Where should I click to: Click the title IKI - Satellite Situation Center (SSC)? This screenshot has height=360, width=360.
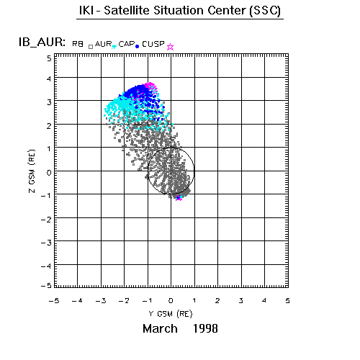click(x=180, y=11)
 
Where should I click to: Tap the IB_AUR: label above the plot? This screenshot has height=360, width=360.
click(x=42, y=42)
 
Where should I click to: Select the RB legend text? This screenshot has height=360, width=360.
click(x=78, y=44)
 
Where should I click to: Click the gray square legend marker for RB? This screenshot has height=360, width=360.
click(x=91, y=47)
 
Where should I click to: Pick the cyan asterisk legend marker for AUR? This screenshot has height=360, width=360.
click(x=114, y=46)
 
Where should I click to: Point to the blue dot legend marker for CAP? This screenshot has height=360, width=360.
click(x=138, y=46)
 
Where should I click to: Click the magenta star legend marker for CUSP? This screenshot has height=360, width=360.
click(x=170, y=47)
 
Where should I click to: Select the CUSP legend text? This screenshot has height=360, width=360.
click(x=153, y=44)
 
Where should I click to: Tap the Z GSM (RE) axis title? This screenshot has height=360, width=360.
click(x=32, y=171)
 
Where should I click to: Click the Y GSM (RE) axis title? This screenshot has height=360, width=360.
click(x=171, y=314)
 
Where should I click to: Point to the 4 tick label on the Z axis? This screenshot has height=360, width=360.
click(x=49, y=78)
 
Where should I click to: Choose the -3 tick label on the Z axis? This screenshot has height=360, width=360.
click(x=46, y=243)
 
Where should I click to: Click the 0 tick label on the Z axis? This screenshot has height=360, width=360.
click(x=49, y=173)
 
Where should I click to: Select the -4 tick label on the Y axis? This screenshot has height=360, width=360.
click(x=77, y=300)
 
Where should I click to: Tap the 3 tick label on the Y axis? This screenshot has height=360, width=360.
click(x=240, y=300)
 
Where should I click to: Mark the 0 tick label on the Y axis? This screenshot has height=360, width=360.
click(x=171, y=300)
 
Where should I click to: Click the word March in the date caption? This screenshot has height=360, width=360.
click(x=160, y=328)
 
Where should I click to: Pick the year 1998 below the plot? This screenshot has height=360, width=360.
click(x=205, y=328)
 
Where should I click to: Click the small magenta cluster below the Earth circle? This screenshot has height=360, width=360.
click(x=179, y=199)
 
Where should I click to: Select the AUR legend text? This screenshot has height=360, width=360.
click(x=103, y=44)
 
